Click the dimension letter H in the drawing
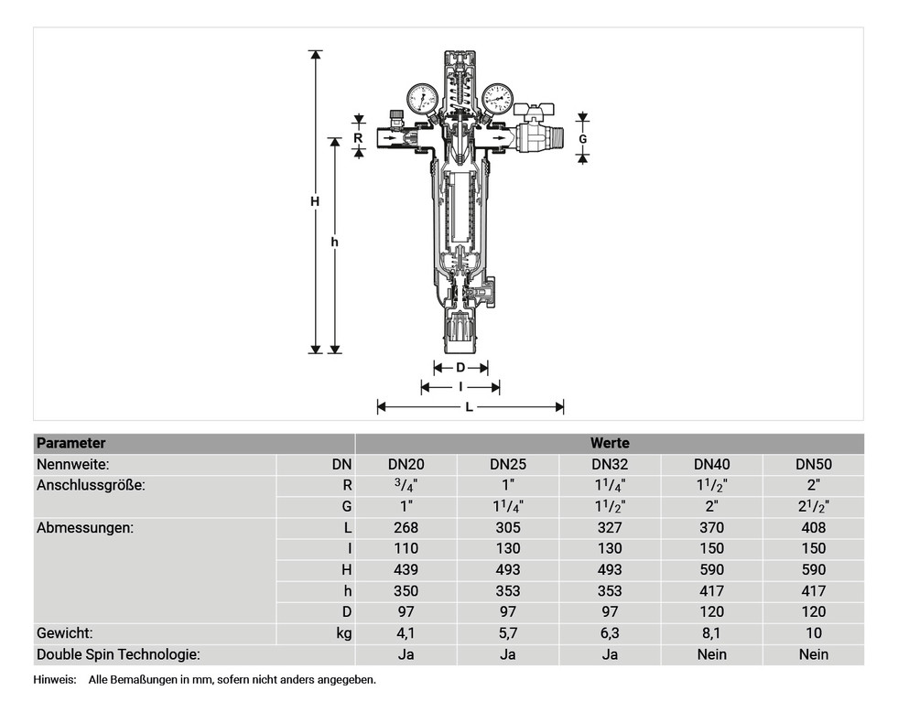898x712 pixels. pyautogui.click(x=315, y=201)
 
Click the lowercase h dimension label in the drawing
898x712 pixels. pyautogui.click(x=335, y=243)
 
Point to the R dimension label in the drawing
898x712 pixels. pyautogui.click(x=358, y=137)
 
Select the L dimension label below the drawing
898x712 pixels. pyautogui.click(x=470, y=407)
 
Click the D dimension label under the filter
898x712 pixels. pyautogui.click(x=460, y=367)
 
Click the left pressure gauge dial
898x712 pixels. pyautogui.click(x=423, y=98)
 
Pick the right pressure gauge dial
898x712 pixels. pyautogui.click(x=497, y=97)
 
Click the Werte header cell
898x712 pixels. pyautogui.click(x=609, y=443)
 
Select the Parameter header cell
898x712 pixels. pyautogui.click(x=70, y=443)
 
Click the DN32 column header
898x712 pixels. pyautogui.click(x=609, y=464)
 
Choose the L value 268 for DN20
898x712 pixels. pyautogui.click(x=406, y=527)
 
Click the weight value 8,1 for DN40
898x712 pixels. pyautogui.click(x=711, y=632)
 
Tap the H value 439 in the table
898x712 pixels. pyautogui.click(x=406, y=569)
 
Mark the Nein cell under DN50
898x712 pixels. pyautogui.click(x=813, y=653)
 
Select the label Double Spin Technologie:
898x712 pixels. pyautogui.click(x=118, y=653)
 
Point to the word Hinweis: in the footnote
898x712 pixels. pyautogui.click(x=55, y=679)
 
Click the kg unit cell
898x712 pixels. pyautogui.click(x=342, y=632)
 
